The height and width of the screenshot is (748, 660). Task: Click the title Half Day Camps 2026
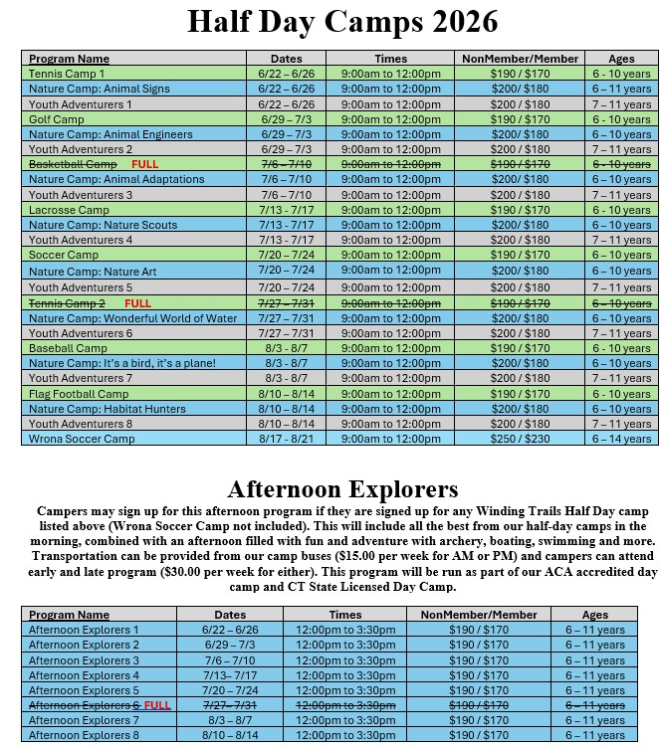pyautogui.click(x=342, y=22)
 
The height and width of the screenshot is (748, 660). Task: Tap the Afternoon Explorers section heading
pyautogui.click(x=342, y=488)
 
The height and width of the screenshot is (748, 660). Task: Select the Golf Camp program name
pyautogui.click(x=56, y=119)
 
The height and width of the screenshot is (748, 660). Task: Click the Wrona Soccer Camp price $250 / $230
pyautogui.click(x=520, y=439)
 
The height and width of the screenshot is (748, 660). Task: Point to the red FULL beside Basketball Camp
pyautogui.click(x=144, y=164)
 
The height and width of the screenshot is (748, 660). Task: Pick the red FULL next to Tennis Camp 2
pyautogui.click(x=137, y=302)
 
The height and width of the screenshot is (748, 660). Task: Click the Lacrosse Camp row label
pyautogui.click(x=69, y=210)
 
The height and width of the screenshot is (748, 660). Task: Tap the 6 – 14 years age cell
pyautogui.click(x=621, y=439)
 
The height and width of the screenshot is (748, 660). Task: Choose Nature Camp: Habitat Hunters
pyautogui.click(x=107, y=409)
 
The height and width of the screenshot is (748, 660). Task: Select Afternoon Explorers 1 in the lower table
pyautogui.click(x=84, y=630)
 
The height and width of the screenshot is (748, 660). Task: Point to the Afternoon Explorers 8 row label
pyautogui.click(x=84, y=735)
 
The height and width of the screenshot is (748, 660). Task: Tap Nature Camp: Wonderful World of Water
pyautogui.click(x=132, y=318)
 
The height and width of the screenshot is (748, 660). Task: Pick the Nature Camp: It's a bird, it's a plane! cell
pyautogui.click(x=121, y=363)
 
